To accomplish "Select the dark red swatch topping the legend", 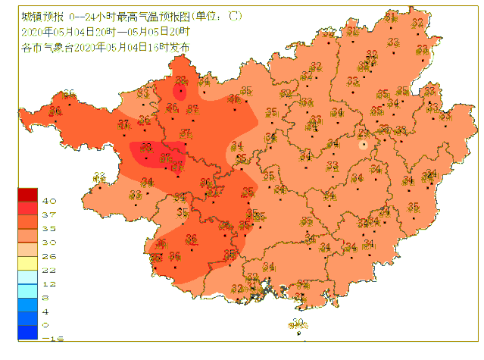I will coord(28,194).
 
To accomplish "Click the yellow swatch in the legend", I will coord(28,262).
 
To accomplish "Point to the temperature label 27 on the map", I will coord(364,134).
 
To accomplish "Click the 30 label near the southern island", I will coord(298,323).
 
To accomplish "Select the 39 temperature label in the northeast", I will coord(371,55).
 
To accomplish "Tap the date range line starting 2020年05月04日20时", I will coord(105,31).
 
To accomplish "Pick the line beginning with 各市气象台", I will coord(105,47).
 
